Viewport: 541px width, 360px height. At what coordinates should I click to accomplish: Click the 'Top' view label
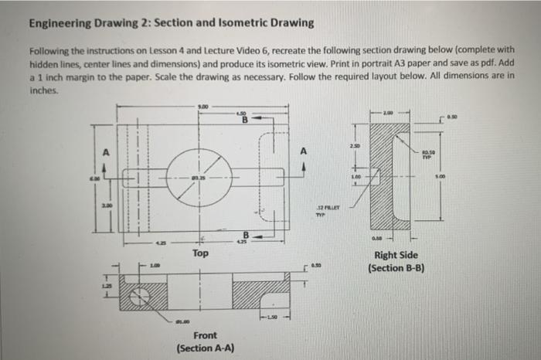tap(199, 253)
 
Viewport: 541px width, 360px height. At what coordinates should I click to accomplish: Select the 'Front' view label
tap(205, 335)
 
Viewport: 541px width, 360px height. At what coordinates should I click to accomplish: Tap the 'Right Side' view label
tap(395, 256)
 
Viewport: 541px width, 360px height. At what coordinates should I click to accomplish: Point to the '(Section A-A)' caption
tap(205, 348)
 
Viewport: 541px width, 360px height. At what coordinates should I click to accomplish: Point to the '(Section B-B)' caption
tap(395, 269)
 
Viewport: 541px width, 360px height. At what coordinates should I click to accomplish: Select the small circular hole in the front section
tap(141, 296)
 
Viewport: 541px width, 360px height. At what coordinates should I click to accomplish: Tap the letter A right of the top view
tap(304, 152)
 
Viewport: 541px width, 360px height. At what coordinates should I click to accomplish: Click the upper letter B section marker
tap(246, 120)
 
